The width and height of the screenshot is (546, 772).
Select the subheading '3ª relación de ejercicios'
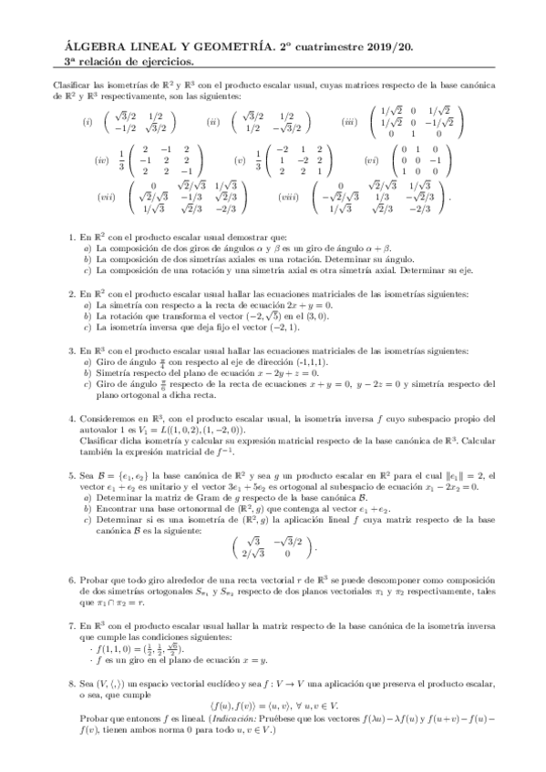pos(123,61)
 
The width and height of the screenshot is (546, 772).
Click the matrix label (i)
pos(88,121)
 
